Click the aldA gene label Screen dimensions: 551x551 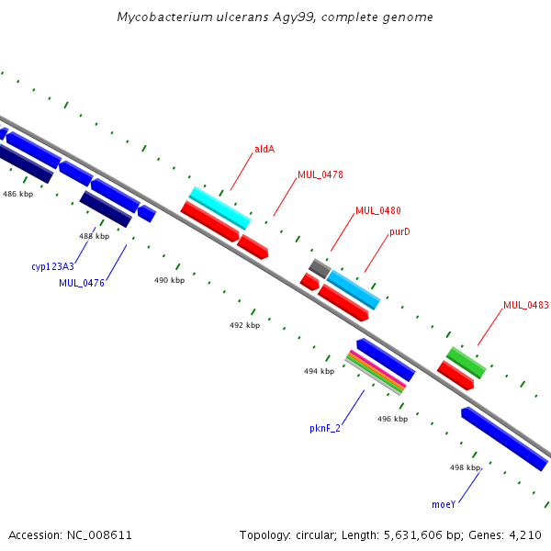tap(264, 150)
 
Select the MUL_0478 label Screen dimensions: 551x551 tap(320, 174)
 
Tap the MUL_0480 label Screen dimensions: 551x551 tap(378, 210)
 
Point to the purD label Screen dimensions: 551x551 tap(399, 232)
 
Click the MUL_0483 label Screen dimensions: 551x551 tap(526, 305)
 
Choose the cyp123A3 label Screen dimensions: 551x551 tap(52, 266)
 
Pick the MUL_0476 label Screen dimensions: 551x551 tap(82, 283)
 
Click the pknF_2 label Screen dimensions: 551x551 tap(325, 428)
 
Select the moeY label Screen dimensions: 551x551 tap(444, 504)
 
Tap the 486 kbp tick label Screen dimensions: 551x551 tap(18, 194)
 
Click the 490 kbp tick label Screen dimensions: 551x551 tap(169, 280)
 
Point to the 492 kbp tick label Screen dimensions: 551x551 tap(244, 325)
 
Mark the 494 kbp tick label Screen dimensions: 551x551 tap(319, 371)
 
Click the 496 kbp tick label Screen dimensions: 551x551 tap(392, 419)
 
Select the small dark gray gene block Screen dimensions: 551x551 tap(320, 268)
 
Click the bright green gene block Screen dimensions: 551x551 tap(467, 363)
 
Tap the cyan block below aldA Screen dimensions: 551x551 tap(220, 208)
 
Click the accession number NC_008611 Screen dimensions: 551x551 tap(99, 535)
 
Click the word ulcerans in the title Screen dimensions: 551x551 tap(242, 17)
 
